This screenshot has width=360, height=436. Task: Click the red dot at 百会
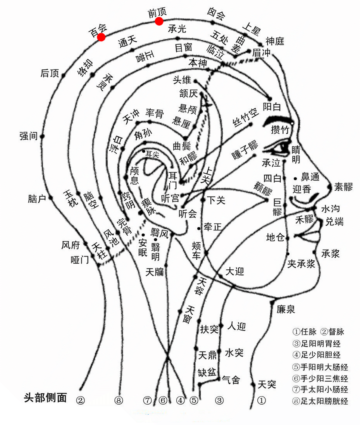click(101, 37)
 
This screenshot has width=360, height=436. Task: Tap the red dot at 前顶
click(159, 21)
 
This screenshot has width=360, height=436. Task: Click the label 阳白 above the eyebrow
click(272, 107)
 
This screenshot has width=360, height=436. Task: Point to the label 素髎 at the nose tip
click(344, 187)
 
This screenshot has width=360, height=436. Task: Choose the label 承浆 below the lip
click(331, 253)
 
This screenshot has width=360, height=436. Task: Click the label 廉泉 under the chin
click(286, 309)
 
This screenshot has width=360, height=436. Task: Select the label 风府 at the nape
click(71, 245)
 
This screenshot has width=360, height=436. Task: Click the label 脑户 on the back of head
click(37, 199)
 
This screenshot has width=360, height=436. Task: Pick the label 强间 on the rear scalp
click(28, 136)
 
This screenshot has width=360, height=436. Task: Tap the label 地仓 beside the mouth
click(276, 237)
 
